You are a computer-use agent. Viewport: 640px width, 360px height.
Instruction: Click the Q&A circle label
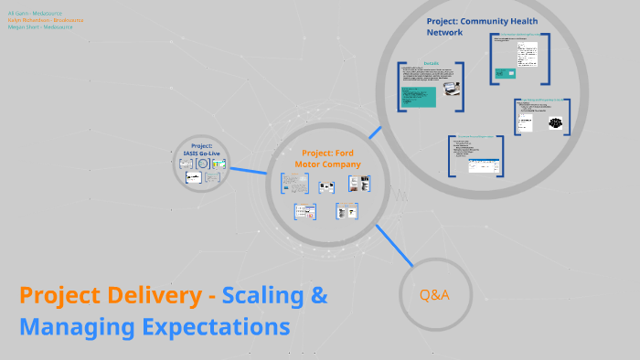434,295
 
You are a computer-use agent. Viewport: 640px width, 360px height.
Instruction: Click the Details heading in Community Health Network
431,64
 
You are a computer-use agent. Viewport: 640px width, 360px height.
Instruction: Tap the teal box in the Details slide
419,96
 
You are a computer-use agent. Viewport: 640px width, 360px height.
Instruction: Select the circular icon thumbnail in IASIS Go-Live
203,164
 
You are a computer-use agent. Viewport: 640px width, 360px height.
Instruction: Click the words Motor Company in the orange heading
327,164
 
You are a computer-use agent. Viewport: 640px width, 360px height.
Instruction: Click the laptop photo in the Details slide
450,89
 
